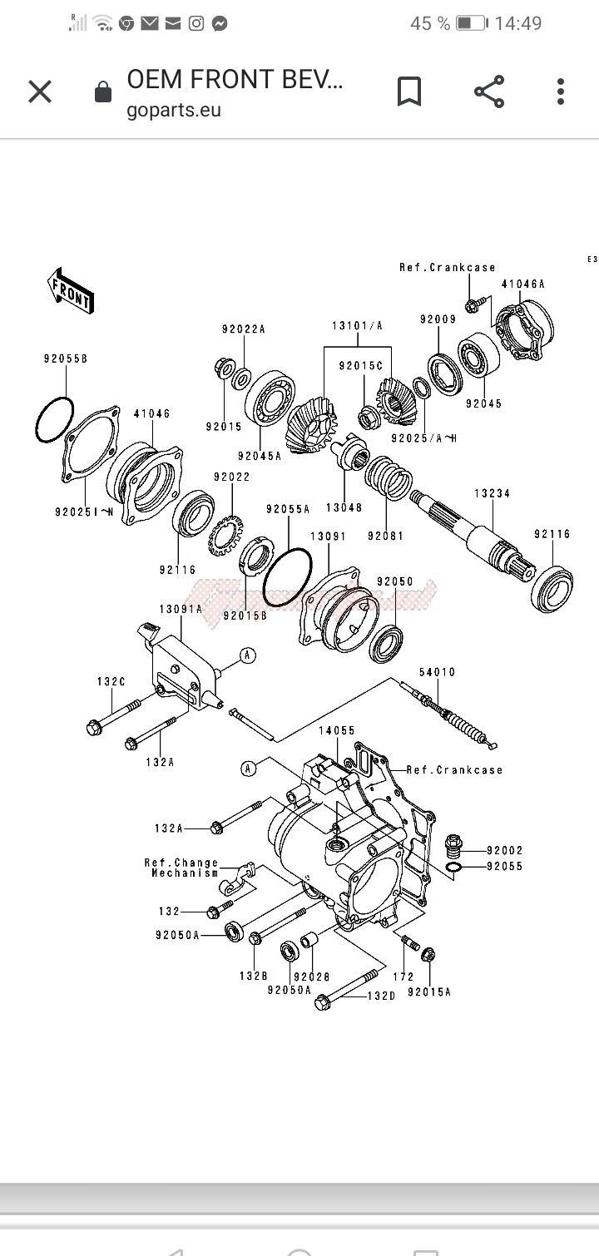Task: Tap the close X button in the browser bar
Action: click(40, 91)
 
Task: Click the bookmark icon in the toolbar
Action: click(408, 91)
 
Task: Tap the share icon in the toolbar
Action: click(489, 91)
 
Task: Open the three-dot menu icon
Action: click(561, 91)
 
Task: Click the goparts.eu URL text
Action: click(174, 111)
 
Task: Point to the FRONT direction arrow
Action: click(71, 290)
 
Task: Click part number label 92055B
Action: click(66, 359)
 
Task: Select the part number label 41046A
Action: click(522, 284)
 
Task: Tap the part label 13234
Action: click(492, 493)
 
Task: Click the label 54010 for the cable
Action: click(437, 672)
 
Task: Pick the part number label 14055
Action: click(336, 730)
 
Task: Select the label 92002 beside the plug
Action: click(505, 850)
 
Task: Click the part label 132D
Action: click(382, 996)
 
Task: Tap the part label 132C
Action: click(111, 682)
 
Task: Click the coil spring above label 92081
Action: click(389, 480)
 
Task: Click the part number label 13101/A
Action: click(358, 325)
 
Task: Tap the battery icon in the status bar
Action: click(471, 23)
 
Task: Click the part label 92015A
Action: click(428, 991)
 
